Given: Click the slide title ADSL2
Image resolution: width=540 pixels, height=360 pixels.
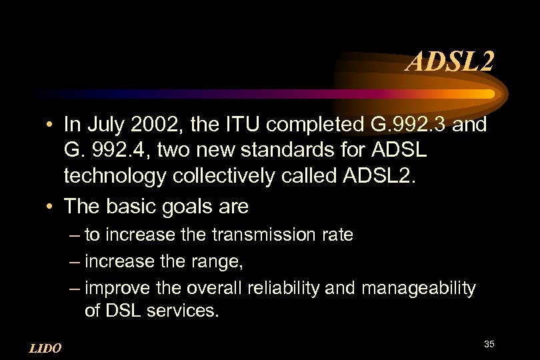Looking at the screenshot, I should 451,63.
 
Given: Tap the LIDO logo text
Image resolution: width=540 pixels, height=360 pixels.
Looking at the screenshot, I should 46,348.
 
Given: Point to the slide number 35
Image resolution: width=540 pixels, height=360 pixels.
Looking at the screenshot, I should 489,344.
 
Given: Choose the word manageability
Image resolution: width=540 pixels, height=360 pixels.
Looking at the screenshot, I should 419,289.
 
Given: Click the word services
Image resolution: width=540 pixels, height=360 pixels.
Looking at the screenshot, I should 179,311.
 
